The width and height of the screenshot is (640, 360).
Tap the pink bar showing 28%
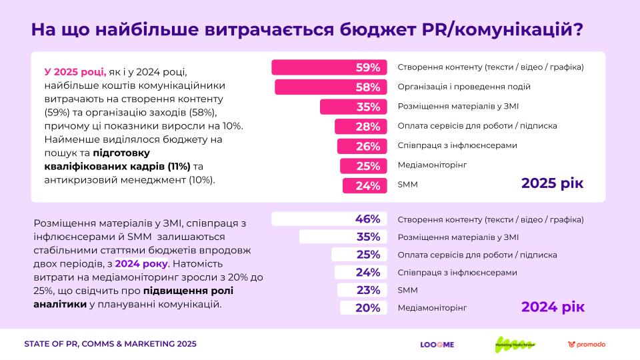(x=360, y=127)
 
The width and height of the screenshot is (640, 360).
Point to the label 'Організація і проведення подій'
(x=464, y=87)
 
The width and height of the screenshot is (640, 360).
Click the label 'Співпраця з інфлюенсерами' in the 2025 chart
(x=457, y=146)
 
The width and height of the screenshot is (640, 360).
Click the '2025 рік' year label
(x=552, y=183)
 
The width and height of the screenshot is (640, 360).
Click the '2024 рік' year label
(x=553, y=307)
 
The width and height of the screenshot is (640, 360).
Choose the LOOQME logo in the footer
(x=437, y=344)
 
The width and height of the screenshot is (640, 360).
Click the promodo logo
(x=587, y=344)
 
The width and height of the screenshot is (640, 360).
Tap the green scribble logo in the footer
(x=515, y=344)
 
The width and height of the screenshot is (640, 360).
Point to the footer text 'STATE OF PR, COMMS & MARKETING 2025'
(x=110, y=344)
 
